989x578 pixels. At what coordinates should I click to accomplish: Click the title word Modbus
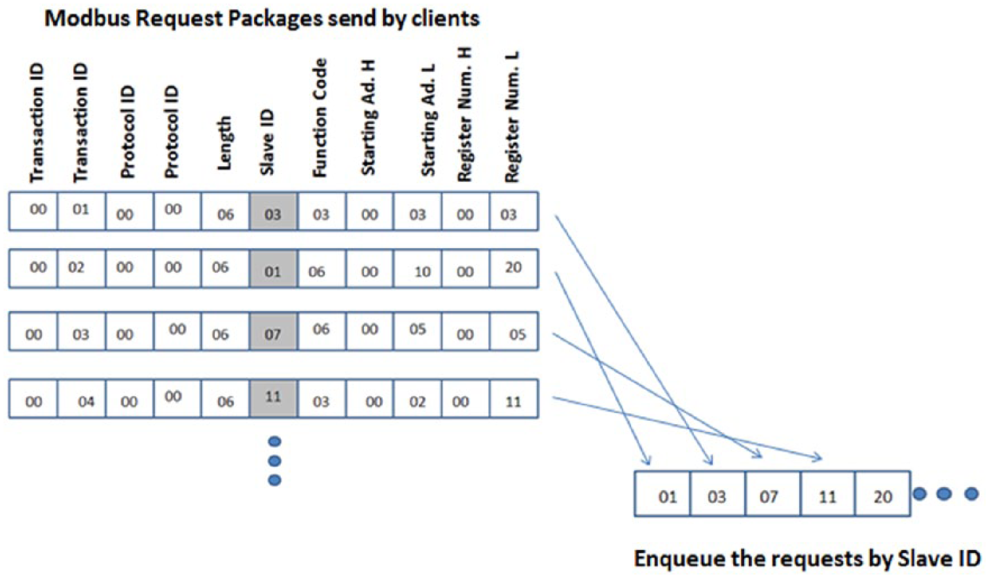click(x=88, y=19)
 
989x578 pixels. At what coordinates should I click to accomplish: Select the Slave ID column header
click(x=267, y=142)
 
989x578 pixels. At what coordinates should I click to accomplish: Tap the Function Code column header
click(x=319, y=118)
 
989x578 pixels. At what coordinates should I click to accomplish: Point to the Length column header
click(x=224, y=143)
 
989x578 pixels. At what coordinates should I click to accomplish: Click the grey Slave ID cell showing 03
click(x=274, y=211)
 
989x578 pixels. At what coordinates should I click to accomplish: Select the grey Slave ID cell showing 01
click(x=274, y=269)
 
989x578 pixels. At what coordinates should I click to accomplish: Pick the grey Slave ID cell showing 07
click(x=274, y=332)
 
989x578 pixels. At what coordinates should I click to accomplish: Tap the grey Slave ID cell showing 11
click(x=274, y=399)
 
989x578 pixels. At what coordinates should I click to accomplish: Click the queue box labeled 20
click(x=882, y=494)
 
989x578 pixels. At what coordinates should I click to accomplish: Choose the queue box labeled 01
click(x=663, y=494)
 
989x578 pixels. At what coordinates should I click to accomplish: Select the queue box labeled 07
click(x=772, y=494)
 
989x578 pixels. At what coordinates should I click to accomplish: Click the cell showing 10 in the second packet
click(x=418, y=269)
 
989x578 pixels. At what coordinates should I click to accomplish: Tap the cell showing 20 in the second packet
click(x=514, y=269)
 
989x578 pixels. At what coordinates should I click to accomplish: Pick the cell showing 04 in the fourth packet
click(x=81, y=399)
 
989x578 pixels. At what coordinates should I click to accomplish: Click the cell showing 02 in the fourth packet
click(x=418, y=399)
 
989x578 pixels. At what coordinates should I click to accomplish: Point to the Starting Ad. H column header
click(x=368, y=117)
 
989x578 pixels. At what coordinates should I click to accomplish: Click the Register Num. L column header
click(x=512, y=117)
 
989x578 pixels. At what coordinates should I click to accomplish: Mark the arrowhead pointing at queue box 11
click(x=817, y=458)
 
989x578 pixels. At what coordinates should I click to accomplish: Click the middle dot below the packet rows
click(x=275, y=461)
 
